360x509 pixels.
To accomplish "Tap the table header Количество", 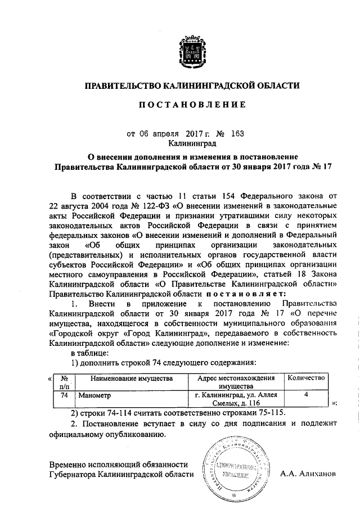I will pyautogui.click(x=307, y=379).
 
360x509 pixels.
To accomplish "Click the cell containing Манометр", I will pyautogui.click(x=95, y=395).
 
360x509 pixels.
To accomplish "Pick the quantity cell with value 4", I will pyautogui.click(x=307, y=395).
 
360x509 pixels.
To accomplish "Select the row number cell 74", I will pyautogui.click(x=64, y=395).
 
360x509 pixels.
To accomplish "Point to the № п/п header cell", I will pyautogui.click(x=64, y=382).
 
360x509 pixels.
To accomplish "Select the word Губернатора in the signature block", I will pyautogui.click(x=72, y=474).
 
